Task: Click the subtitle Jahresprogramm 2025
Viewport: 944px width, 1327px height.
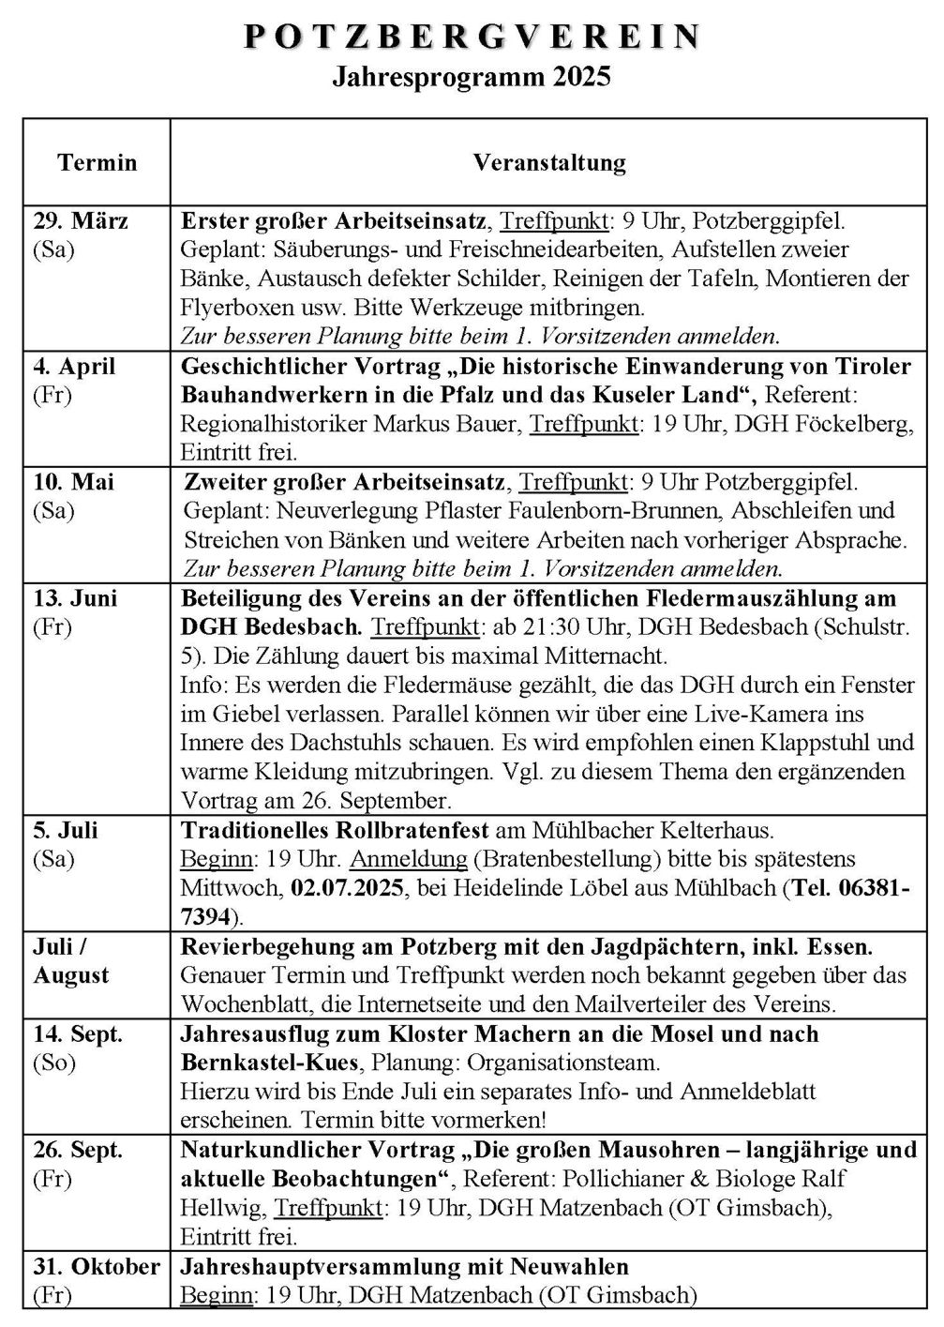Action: (472, 76)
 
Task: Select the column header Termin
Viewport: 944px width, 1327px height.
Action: (97, 162)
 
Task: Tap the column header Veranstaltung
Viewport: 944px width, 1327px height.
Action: (549, 162)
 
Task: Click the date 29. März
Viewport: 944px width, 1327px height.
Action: (82, 222)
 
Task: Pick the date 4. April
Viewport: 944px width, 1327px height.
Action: (75, 366)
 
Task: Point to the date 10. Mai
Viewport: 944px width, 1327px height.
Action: (74, 482)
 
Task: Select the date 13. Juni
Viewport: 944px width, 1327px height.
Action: (76, 598)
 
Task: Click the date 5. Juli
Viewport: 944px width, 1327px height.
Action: (66, 831)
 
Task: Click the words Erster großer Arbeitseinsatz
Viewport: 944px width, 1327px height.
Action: (334, 222)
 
